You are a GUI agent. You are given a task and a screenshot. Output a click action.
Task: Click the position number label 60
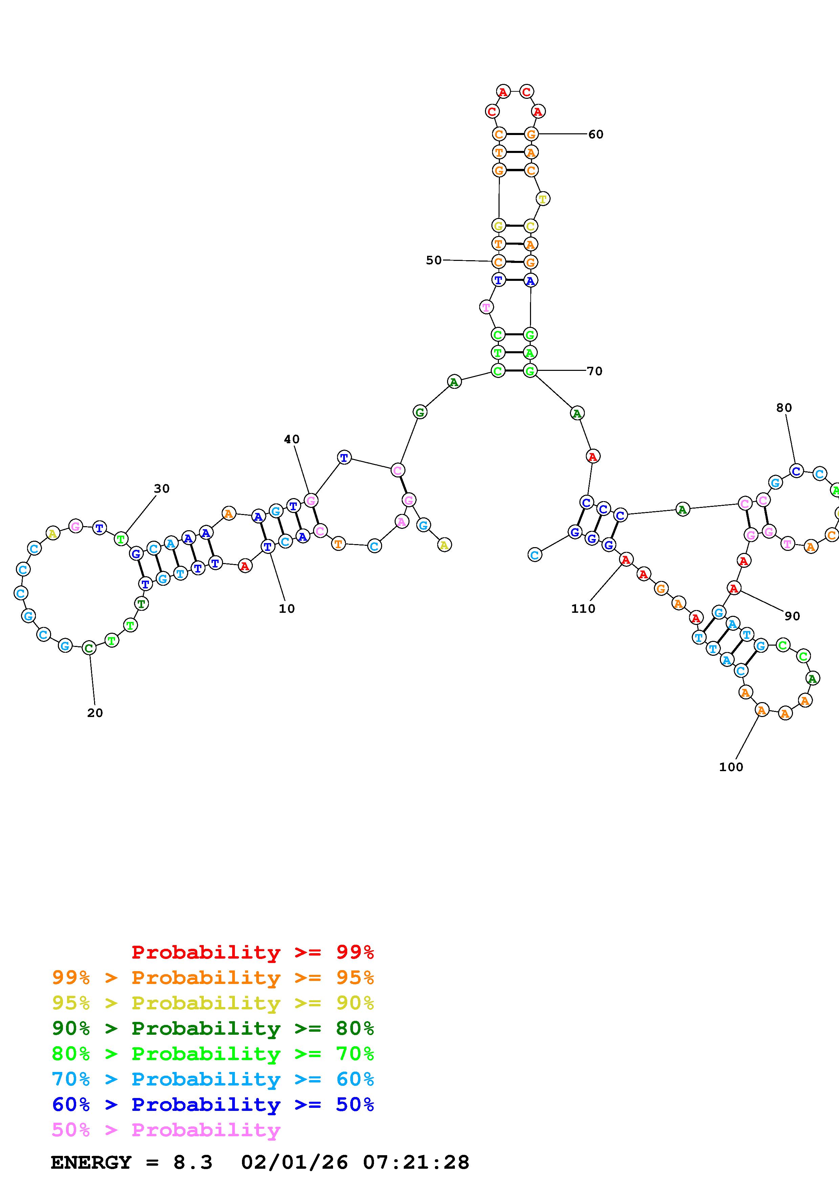(x=596, y=134)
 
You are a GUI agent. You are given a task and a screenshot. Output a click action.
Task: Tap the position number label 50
(x=434, y=261)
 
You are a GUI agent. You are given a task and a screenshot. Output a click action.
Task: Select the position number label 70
(x=595, y=371)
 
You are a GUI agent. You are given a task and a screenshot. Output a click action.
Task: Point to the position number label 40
(x=291, y=440)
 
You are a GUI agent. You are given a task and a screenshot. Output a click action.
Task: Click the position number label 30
(x=162, y=489)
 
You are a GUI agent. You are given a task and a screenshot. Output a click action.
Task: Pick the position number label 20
(x=95, y=713)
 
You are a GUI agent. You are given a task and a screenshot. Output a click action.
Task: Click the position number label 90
(x=792, y=616)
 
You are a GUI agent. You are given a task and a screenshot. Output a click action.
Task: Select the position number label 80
(x=784, y=408)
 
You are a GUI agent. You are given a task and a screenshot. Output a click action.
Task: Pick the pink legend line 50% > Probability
(x=166, y=1130)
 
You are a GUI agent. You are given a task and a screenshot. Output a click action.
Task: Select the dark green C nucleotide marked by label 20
(x=89, y=648)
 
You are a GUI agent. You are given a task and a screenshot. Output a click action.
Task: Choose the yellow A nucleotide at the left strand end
(x=444, y=544)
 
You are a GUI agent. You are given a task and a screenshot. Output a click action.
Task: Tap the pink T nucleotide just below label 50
(x=486, y=308)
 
